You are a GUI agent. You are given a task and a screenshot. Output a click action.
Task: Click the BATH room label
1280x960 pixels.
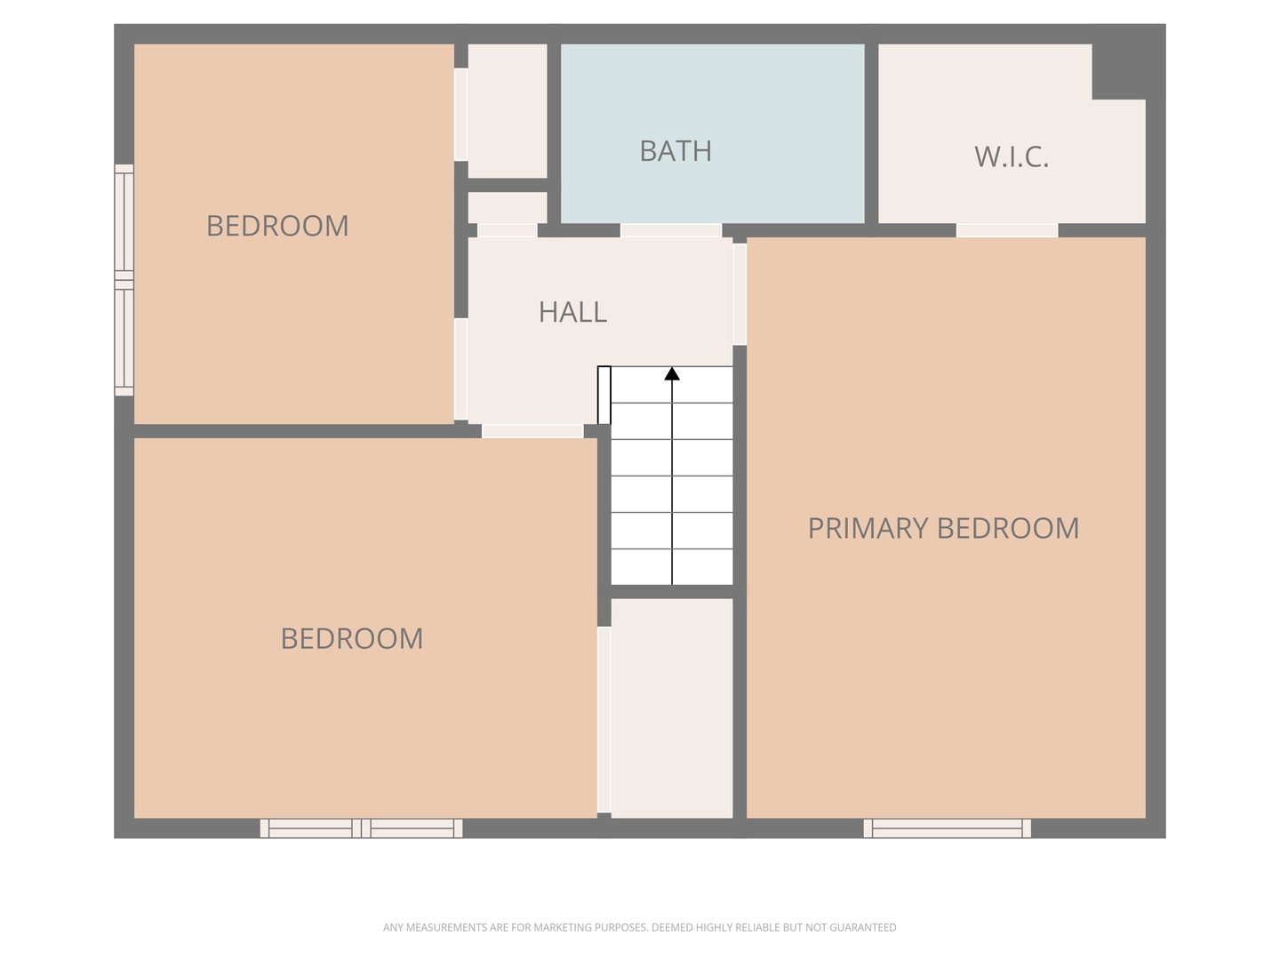coord(676,151)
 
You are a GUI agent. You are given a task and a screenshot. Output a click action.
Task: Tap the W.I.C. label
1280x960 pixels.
coord(1012,156)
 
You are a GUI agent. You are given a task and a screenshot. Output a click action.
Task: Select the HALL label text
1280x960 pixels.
coord(572,312)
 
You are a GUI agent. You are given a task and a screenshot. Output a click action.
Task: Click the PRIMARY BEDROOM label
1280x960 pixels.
coord(943,528)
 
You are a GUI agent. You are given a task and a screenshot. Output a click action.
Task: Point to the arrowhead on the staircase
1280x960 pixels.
coord(672,373)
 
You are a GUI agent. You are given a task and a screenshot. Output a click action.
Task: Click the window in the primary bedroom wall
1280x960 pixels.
coord(947,828)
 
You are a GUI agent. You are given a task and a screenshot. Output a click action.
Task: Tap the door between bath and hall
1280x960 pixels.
coord(670,230)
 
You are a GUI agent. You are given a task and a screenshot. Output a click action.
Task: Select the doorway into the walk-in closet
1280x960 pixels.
coord(1007,230)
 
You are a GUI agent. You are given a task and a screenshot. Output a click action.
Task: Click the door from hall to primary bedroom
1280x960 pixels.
coord(740,293)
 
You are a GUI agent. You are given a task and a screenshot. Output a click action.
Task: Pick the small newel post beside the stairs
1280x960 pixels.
coord(604,396)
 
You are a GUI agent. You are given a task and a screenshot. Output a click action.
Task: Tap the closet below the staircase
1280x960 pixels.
coord(672,708)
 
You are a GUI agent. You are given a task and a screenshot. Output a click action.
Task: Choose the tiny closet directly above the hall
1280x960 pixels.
coord(508,207)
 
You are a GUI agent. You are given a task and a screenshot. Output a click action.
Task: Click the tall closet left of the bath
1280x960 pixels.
coord(508,111)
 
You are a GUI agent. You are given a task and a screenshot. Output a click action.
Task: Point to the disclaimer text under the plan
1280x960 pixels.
coord(639,927)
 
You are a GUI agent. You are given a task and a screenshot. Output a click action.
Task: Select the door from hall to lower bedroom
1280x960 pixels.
coord(532,431)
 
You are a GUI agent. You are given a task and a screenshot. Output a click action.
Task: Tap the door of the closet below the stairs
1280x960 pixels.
coord(604,719)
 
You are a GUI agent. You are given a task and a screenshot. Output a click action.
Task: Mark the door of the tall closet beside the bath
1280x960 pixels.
coord(460,115)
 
